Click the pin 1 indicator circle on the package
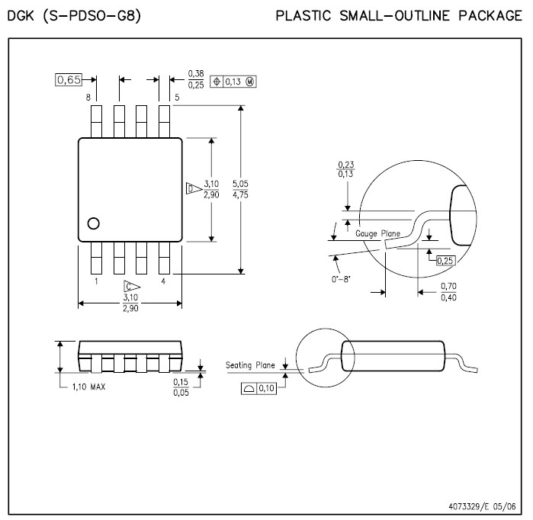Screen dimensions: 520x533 point(94,223)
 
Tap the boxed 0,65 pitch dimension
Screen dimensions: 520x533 point(69,80)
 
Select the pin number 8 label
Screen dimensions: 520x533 point(89,98)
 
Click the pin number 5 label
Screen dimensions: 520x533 point(177,98)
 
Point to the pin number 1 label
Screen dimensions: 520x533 point(96,281)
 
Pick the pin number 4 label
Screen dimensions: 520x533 point(163,281)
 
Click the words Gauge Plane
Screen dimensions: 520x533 point(378,233)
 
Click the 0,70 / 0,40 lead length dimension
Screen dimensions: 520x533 point(448,291)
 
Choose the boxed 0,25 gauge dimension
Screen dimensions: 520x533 point(445,261)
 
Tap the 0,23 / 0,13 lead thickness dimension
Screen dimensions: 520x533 point(346,169)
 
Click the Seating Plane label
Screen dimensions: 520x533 point(250,365)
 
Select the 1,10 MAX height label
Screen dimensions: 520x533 point(88,387)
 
